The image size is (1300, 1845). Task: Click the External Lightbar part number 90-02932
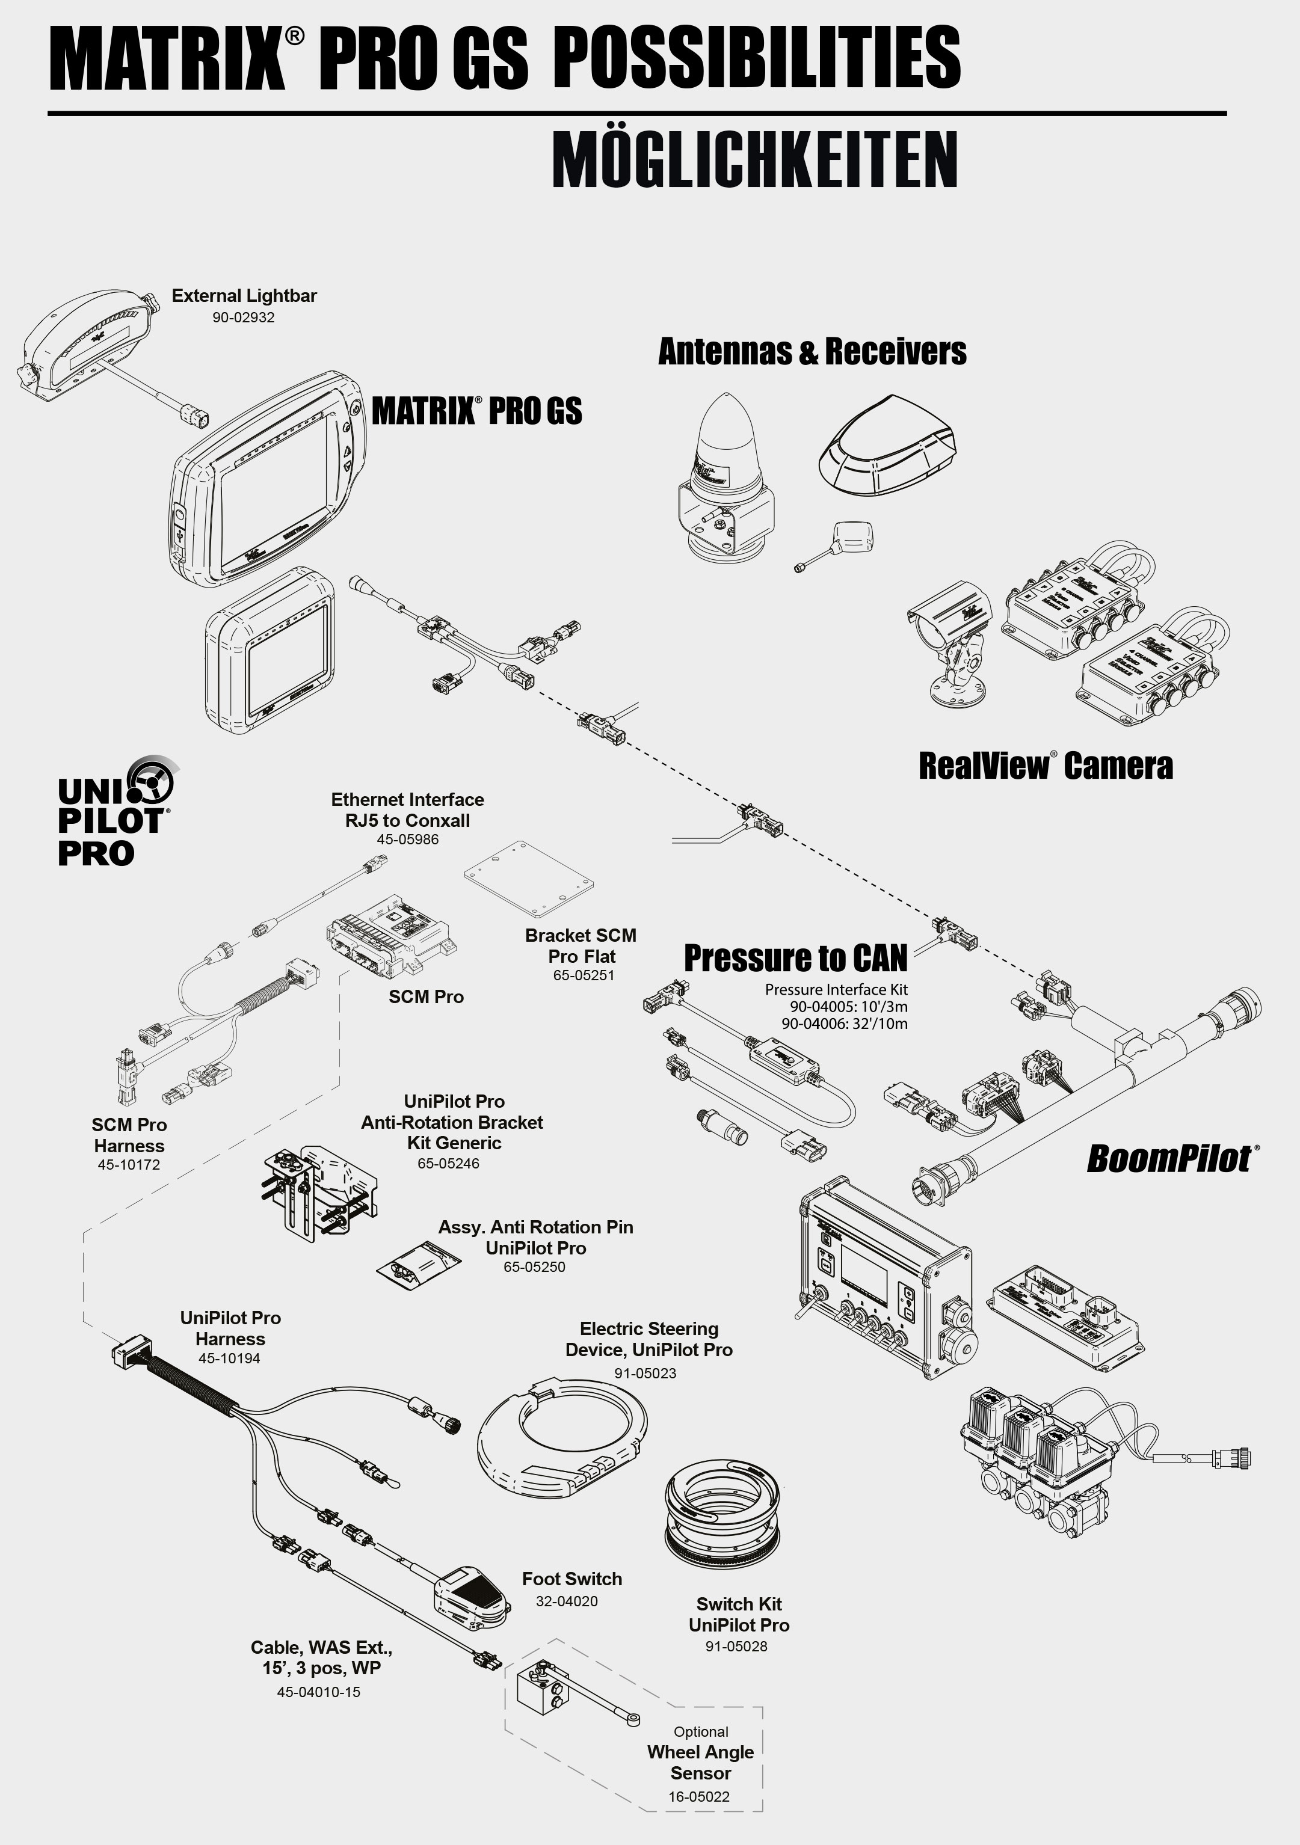tap(243, 318)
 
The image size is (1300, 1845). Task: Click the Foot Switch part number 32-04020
tap(567, 1601)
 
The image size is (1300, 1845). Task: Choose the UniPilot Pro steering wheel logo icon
tap(150, 779)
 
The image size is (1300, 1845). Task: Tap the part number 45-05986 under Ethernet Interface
tap(408, 840)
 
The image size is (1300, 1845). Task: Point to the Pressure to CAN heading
tap(795, 958)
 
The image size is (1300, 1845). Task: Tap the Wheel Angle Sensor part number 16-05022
tap(698, 1797)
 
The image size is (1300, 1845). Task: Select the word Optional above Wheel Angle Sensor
tap(701, 1732)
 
